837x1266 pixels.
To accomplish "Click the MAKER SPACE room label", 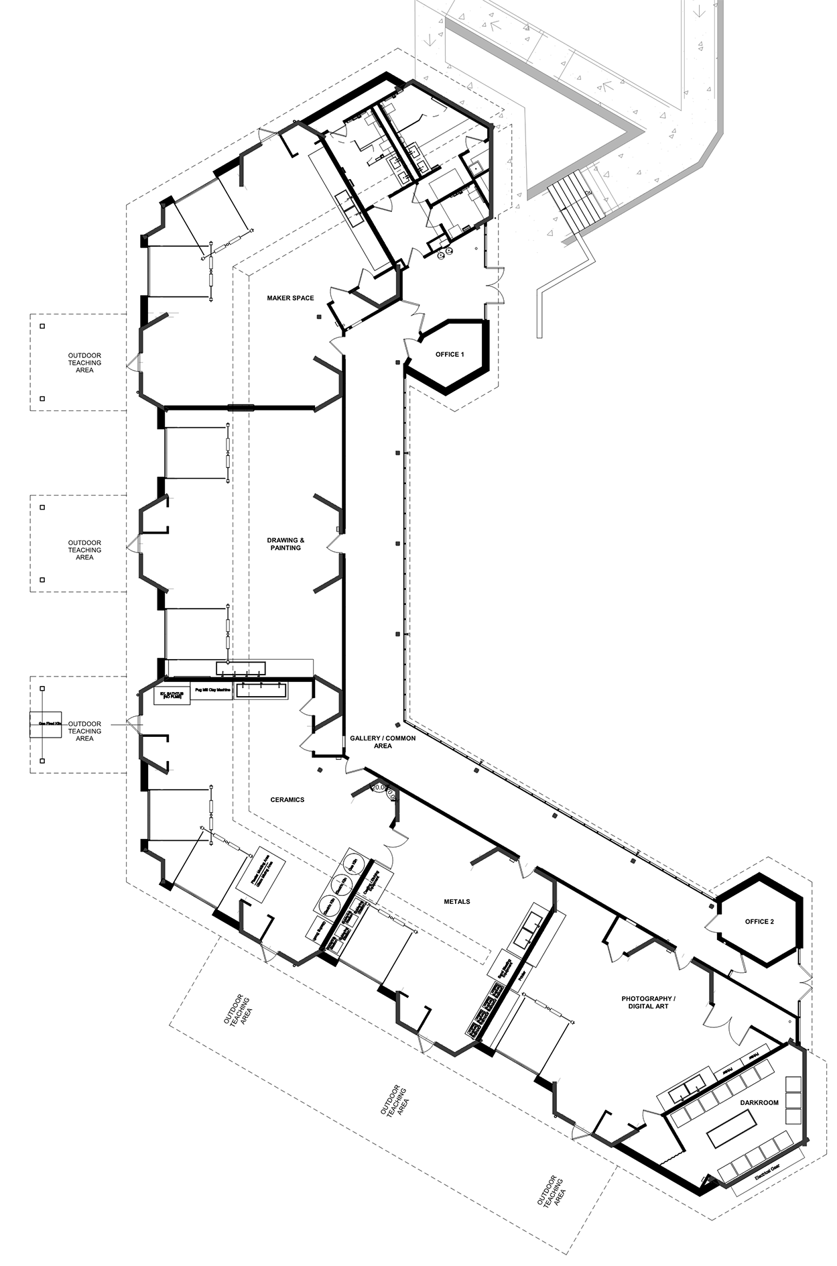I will (x=290, y=298).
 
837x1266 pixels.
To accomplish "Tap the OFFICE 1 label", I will (x=450, y=354).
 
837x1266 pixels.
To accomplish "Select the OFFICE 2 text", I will (x=759, y=921).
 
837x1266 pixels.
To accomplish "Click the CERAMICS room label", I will (x=287, y=799).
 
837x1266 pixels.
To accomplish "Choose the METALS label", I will (x=457, y=901).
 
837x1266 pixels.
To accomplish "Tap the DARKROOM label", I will (x=759, y=1102).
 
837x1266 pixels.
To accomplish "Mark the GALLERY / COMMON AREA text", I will (x=383, y=742).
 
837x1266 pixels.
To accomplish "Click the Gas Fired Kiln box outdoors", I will (x=46, y=724).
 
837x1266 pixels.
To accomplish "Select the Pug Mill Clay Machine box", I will (x=212, y=690).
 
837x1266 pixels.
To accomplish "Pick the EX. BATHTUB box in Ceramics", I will (x=172, y=695).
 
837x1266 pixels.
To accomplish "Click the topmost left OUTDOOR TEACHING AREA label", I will (x=84, y=362).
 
